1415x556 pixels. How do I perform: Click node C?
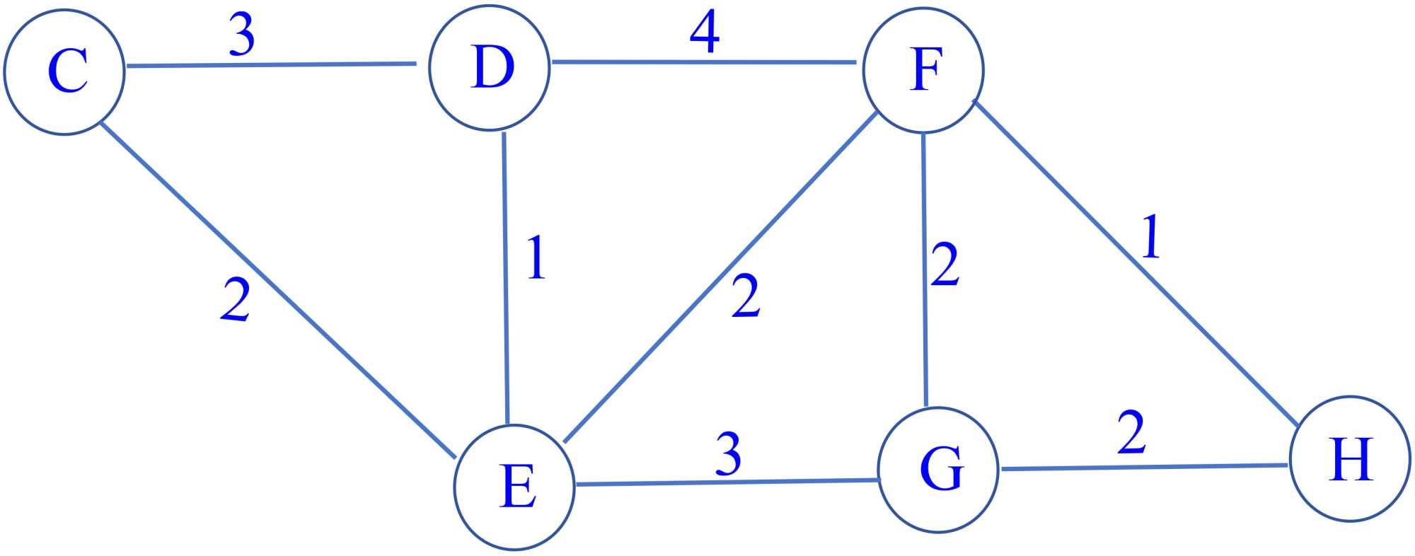tap(64, 71)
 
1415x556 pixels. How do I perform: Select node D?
tap(490, 69)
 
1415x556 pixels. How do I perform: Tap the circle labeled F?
tap(923, 70)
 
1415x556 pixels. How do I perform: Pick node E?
tap(514, 487)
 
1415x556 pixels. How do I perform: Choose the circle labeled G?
tap(938, 470)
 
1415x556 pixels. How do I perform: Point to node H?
tap(1350, 459)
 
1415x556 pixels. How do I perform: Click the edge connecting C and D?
tap(271, 65)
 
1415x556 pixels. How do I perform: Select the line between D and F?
tap(704, 62)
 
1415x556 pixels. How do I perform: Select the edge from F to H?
tap(1136, 262)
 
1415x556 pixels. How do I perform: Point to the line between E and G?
tap(727, 482)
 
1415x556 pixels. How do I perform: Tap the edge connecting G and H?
tap(1143, 467)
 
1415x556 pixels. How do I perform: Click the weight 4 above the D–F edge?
tap(705, 33)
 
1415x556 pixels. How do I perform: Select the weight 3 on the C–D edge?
tap(242, 35)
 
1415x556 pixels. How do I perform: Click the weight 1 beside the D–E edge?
tap(536, 257)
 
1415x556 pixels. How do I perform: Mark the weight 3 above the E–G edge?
tap(728, 453)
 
